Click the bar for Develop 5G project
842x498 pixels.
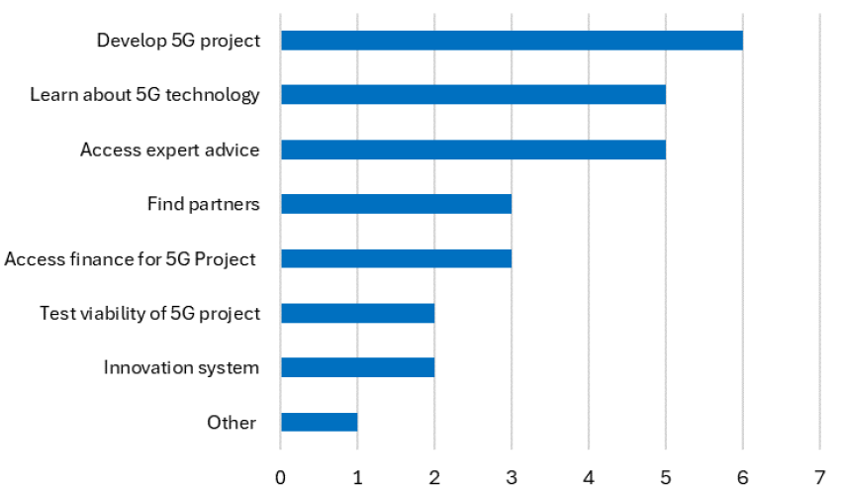click(x=512, y=41)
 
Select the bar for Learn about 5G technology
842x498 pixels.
click(x=473, y=95)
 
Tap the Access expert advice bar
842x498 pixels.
click(x=473, y=149)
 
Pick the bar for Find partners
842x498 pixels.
click(x=396, y=204)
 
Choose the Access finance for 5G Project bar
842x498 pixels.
click(x=396, y=258)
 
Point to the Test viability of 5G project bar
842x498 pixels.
click(x=357, y=313)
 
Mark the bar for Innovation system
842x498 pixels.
click(x=357, y=367)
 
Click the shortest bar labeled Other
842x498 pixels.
click(x=319, y=422)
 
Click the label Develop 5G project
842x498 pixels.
click(x=178, y=41)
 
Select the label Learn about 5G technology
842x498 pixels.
click(x=144, y=95)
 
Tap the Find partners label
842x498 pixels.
click(x=203, y=204)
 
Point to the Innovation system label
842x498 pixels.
click(x=181, y=367)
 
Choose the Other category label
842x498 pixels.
click(x=232, y=422)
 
